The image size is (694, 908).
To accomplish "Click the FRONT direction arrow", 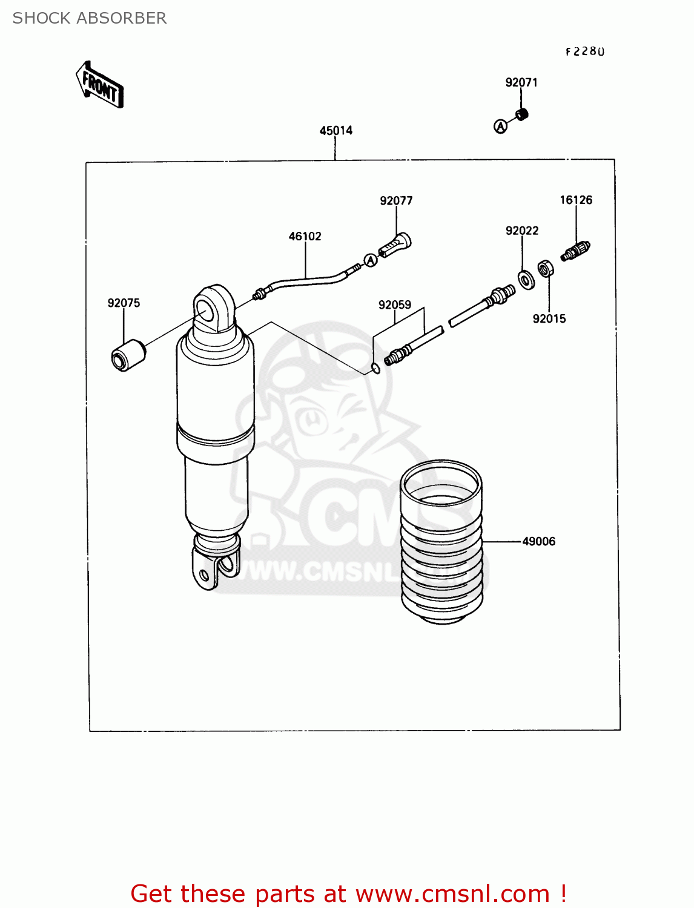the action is tap(100, 85).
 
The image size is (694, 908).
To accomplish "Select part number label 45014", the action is tap(336, 130).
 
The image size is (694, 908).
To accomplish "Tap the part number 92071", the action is tap(521, 82).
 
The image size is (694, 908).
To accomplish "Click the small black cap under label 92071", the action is tap(522, 114).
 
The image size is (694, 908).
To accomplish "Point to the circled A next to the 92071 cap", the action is tap(500, 126).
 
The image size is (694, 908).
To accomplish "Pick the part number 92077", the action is tap(396, 200).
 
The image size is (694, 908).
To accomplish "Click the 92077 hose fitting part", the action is tap(395, 245).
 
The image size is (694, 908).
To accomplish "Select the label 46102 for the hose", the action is tap(305, 236).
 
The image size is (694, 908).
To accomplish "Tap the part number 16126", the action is tap(576, 200).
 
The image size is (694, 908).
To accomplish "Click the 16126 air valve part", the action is tap(575, 251).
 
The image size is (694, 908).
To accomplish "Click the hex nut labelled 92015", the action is tap(544, 268).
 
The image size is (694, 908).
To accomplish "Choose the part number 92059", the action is tap(395, 305).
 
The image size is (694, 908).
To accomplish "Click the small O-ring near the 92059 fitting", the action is tap(376, 369).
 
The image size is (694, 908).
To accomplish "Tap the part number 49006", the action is tap(538, 541).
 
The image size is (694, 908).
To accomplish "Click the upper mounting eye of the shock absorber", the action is tap(213, 308).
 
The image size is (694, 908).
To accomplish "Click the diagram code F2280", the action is tap(585, 51).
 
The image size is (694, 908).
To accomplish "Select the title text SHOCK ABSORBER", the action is tap(90, 18).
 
